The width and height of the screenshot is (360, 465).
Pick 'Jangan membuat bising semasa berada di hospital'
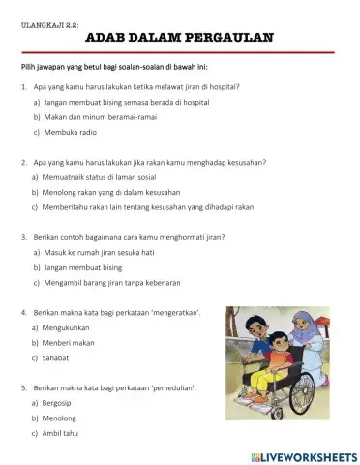(126, 101)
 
